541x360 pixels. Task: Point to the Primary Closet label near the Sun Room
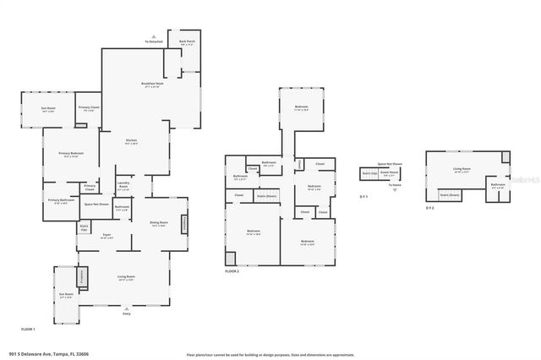click(89, 108)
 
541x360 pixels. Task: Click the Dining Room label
click(158, 224)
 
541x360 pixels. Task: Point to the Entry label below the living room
click(127, 313)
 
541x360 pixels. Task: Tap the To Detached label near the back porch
click(153, 41)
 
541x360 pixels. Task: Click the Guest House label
click(390, 174)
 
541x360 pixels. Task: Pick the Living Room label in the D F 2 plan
click(461, 170)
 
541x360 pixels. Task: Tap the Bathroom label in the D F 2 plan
click(498, 185)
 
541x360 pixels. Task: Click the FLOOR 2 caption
click(232, 271)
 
